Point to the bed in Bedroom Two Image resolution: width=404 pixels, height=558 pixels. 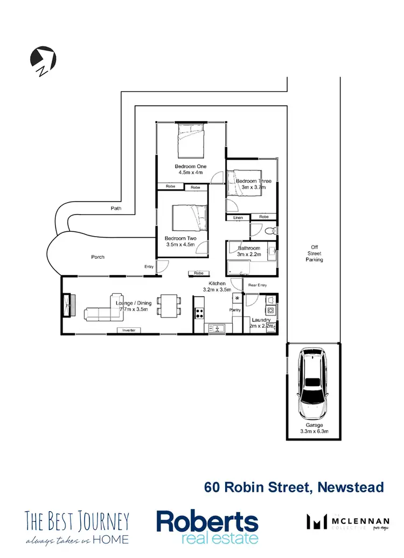[189, 219]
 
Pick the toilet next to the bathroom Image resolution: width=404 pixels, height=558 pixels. [271, 231]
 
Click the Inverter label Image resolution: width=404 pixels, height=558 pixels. [129, 330]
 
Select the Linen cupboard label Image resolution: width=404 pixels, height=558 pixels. [238, 217]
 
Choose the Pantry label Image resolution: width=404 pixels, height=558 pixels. [235, 310]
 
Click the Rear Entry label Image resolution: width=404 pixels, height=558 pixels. [257, 285]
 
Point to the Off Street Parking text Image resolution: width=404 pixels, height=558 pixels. [314, 253]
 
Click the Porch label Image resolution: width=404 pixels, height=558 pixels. [97, 257]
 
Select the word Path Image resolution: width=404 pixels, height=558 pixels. [116, 208]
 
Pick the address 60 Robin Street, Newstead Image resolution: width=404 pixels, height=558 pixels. [294, 487]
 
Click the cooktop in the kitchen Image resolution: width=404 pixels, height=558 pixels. [199, 313]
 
